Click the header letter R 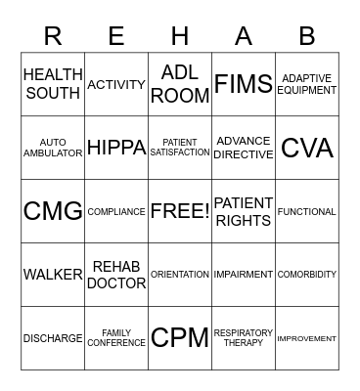(x=53, y=36)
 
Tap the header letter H (x=180, y=36)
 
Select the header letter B (x=307, y=36)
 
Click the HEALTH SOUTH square (x=53, y=85)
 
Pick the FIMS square (x=244, y=85)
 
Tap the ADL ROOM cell (x=180, y=85)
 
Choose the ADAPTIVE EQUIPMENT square (x=307, y=85)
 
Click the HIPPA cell (x=116, y=148)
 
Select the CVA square (x=307, y=148)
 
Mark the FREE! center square (x=180, y=211)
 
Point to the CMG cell (x=53, y=211)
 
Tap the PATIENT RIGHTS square (x=244, y=211)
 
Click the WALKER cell (x=53, y=275)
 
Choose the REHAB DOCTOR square (x=116, y=275)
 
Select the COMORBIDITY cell (x=307, y=275)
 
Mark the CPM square (x=180, y=338)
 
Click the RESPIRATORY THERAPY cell (x=244, y=338)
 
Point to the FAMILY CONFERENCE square (x=116, y=338)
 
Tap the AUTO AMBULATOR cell (x=53, y=148)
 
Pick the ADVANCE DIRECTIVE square (x=244, y=148)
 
